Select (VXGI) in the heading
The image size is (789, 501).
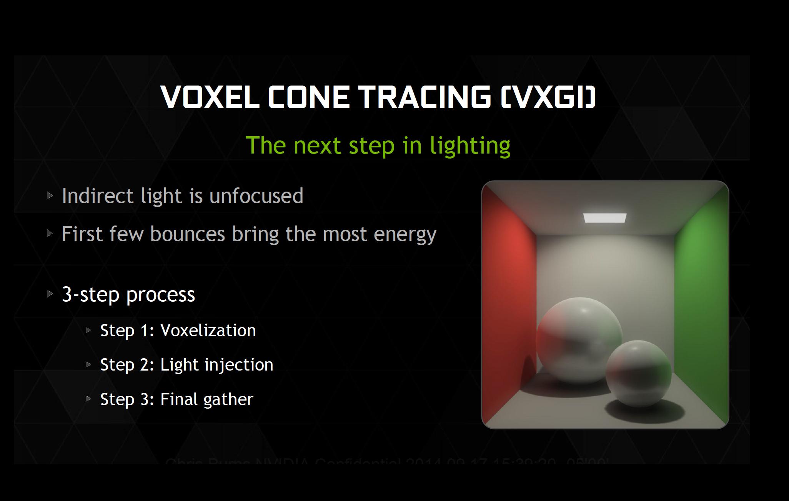coord(548,97)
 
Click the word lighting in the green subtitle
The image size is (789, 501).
coord(470,145)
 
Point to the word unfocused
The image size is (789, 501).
coord(256,196)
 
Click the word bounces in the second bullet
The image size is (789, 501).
coord(187,234)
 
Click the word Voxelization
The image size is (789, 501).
coord(208,331)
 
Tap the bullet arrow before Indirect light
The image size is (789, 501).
coord(50,195)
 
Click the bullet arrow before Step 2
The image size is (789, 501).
coord(88,364)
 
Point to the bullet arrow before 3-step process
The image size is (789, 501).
coord(50,294)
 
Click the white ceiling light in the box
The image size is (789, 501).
coord(604,218)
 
